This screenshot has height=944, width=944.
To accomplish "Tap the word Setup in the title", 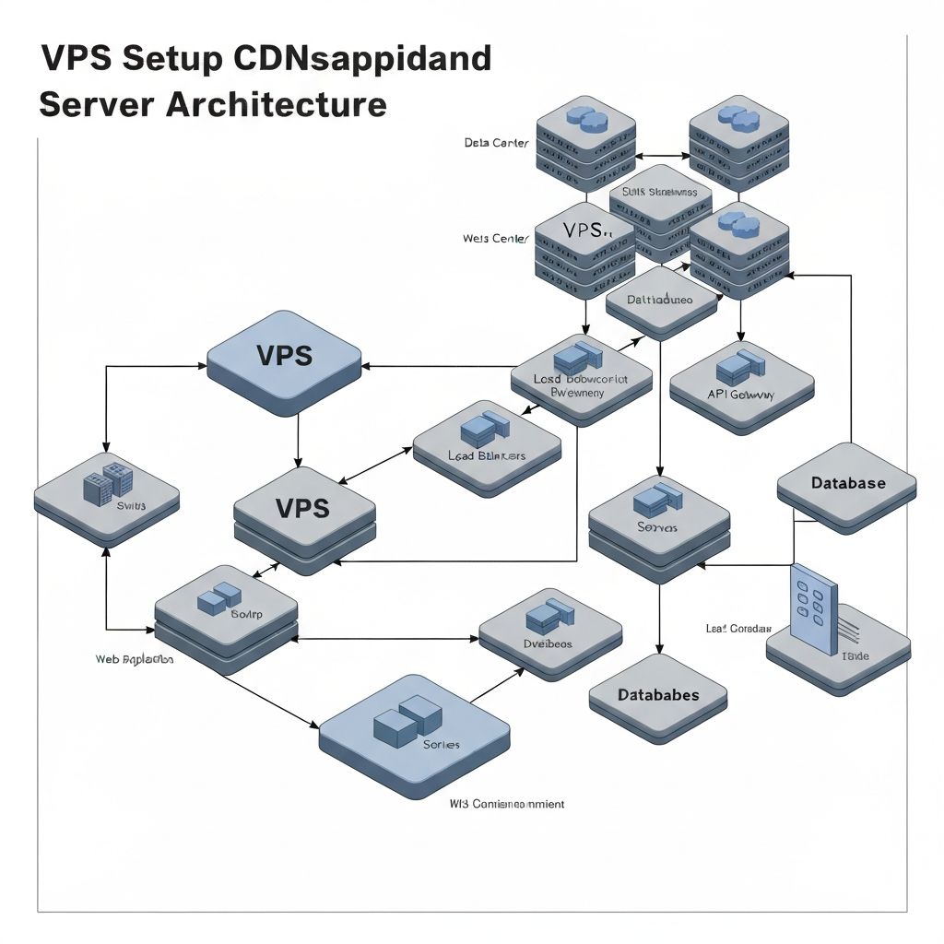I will pyautogui.click(x=172, y=58).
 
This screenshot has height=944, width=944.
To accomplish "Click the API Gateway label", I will pyautogui.click(x=740, y=394).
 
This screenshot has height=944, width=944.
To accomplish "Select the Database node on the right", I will pyautogui.click(x=847, y=483).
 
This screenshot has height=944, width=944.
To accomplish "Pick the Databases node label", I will pyautogui.click(x=658, y=695).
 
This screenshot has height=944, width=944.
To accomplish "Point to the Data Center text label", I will pyautogui.click(x=496, y=143).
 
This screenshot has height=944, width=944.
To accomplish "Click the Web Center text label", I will pyautogui.click(x=495, y=239).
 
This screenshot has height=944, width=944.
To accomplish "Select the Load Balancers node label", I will pyautogui.click(x=487, y=455).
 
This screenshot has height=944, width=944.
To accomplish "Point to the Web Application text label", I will pyautogui.click(x=135, y=660).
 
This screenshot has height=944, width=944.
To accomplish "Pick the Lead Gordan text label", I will pyautogui.click(x=737, y=628).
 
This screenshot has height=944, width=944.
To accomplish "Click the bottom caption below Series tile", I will pyautogui.click(x=507, y=804).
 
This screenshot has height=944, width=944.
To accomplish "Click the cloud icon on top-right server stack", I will pyautogui.click(x=737, y=120).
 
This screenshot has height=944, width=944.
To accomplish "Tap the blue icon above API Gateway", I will pyautogui.click(x=740, y=365).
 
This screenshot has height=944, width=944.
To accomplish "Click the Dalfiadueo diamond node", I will pyautogui.click(x=660, y=300).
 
